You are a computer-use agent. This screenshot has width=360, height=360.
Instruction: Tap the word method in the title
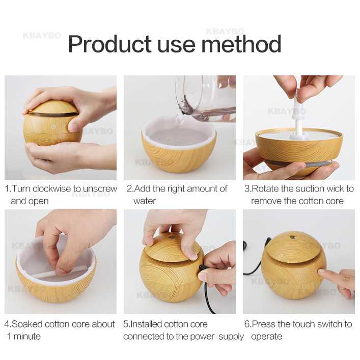(241, 44)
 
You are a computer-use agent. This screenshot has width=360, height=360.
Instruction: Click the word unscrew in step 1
(100, 189)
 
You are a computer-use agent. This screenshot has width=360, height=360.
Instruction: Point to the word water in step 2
(145, 201)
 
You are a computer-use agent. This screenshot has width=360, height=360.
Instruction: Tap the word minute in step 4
(27, 337)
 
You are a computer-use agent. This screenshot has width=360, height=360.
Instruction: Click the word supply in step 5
(231, 337)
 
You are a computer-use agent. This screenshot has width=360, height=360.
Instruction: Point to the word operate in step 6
(266, 337)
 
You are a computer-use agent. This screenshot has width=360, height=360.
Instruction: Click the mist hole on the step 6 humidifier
(292, 236)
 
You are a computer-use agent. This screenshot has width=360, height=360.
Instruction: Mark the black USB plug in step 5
(202, 268)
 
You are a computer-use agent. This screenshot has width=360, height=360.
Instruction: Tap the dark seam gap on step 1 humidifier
(52, 113)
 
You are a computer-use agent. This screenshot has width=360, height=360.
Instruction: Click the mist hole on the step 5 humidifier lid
(172, 236)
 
